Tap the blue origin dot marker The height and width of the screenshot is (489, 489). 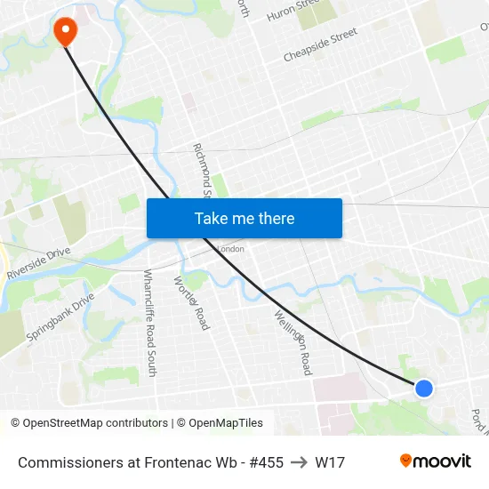pyautogui.click(x=424, y=388)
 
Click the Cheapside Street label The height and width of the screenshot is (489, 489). pyautogui.click(x=320, y=44)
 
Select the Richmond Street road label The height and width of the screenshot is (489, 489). pyautogui.click(x=201, y=170)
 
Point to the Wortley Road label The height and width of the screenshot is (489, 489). pyautogui.click(x=192, y=303)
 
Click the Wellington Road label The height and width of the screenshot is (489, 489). pyautogui.click(x=293, y=341)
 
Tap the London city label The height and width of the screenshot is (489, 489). pyautogui.click(x=230, y=249)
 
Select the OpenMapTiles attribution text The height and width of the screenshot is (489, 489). pyautogui.click(x=223, y=423)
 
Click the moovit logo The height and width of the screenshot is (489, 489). pyautogui.click(x=435, y=461)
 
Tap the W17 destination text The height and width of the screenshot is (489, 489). pyautogui.click(x=330, y=462)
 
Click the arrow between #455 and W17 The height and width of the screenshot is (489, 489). pyautogui.click(x=300, y=462)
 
